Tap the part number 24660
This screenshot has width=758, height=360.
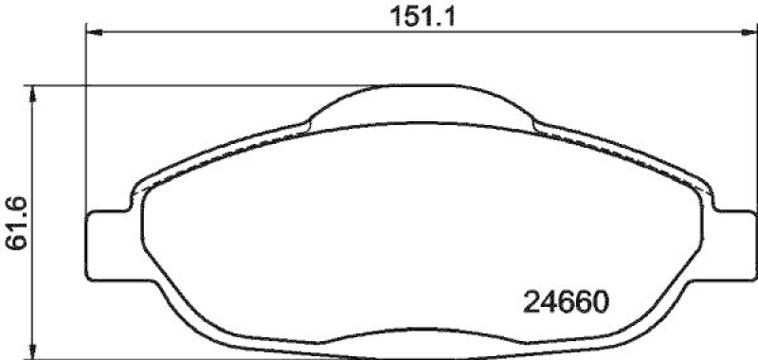click(x=565, y=305)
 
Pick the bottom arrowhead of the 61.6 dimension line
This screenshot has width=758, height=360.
click(x=34, y=352)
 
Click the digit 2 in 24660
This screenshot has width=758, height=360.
click(x=532, y=305)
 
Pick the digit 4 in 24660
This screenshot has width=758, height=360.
click(x=549, y=305)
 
